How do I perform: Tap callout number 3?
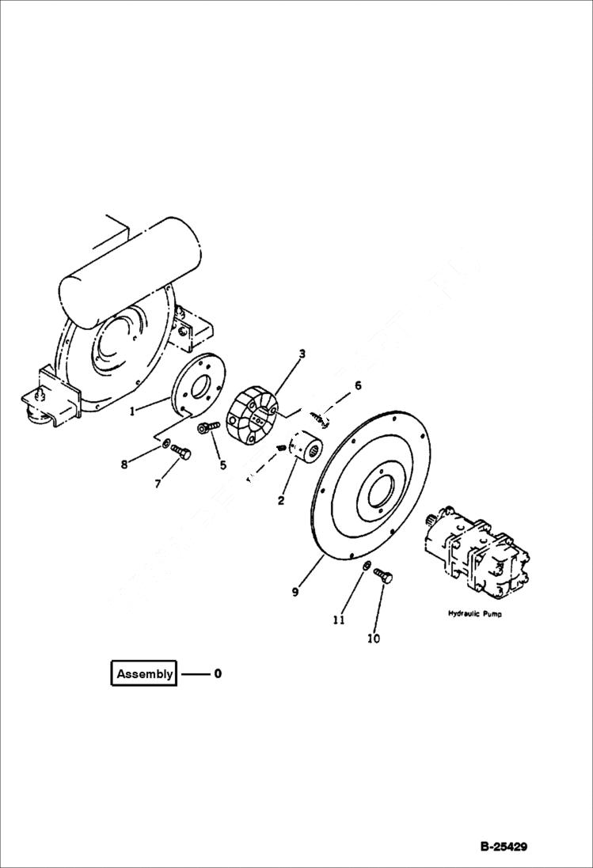click(x=302, y=354)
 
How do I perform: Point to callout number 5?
click(x=222, y=465)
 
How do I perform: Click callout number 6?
click(x=358, y=385)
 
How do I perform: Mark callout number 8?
click(x=124, y=464)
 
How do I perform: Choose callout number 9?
click(x=295, y=591)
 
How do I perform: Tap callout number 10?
click(x=374, y=638)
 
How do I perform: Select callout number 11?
click(x=339, y=620)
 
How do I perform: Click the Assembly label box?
click(x=144, y=674)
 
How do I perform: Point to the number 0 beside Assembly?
click(x=218, y=674)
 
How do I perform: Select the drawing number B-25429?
click(x=503, y=847)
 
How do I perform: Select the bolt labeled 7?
click(x=181, y=453)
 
